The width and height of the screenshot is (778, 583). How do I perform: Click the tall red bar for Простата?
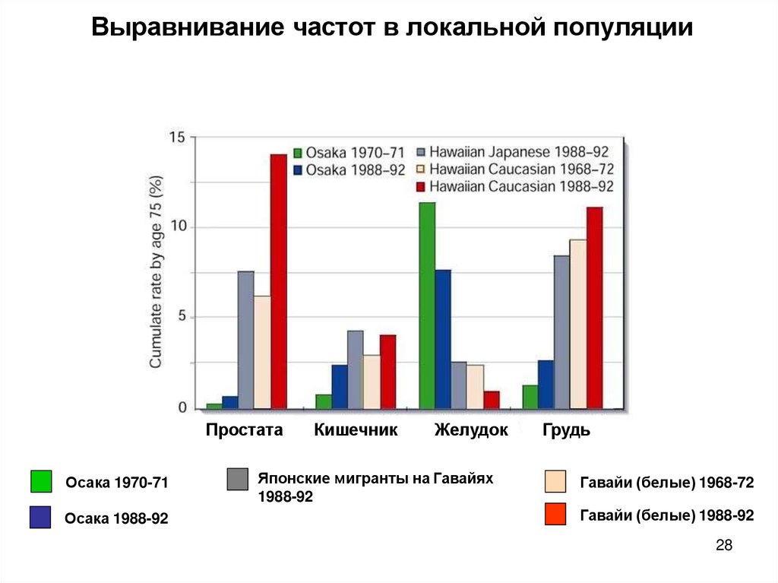(x=279, y=281)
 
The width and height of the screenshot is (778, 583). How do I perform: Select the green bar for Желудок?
(x=427, y=305)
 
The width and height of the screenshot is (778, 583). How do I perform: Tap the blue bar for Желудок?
(x=443, y=339)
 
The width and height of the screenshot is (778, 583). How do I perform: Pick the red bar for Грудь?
(x=594, y=307)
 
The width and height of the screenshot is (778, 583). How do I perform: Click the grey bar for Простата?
(x=245, y=340)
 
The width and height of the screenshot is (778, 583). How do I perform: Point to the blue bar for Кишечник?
(x=340, y=386)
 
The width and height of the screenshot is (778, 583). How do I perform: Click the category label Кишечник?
(x=356, y=430)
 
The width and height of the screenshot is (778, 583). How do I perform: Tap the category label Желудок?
(x=471, y=430)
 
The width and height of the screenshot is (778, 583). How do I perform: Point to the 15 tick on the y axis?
(x=177, y=138)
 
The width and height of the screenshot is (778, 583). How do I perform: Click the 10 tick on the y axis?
(x=177, y=227)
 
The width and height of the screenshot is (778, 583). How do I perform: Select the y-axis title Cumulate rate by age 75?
(x=156, y=272)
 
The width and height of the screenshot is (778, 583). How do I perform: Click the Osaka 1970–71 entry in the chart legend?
(x=349, y=151)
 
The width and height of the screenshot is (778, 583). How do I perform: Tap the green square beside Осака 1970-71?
(x=41, y=482)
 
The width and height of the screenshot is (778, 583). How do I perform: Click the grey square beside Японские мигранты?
(x=238, y=480)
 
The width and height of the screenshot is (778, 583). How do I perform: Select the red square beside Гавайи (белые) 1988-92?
(x=556, y=515)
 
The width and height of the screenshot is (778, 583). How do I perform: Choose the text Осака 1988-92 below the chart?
(x=116, y=518)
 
